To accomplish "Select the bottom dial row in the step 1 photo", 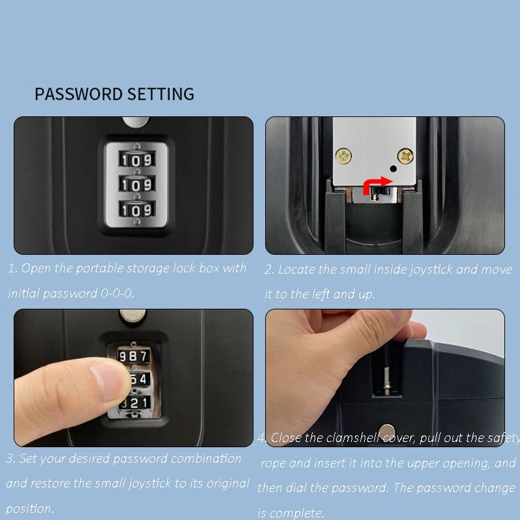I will [136, 210].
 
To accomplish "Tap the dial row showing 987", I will [133, 356].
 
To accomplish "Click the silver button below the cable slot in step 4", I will [388, 431].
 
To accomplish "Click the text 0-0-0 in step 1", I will [117, 294].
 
